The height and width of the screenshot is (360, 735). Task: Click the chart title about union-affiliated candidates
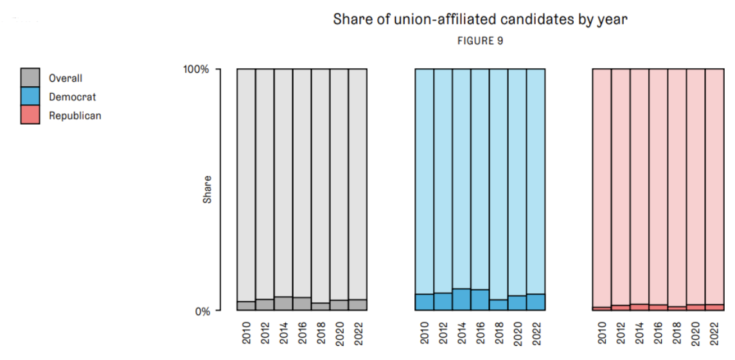(480, 19)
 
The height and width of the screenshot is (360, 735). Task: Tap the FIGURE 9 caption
(480, 40)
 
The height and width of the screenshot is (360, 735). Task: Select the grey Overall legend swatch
(30, 78)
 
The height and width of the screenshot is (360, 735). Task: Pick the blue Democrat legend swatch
(30, 96)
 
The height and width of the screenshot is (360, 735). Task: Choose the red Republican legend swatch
(30, 115)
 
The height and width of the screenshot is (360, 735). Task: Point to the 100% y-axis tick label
(197, 69)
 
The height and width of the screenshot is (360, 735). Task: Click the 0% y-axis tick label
(202, 311)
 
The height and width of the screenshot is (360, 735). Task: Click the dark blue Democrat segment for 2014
(461, 300)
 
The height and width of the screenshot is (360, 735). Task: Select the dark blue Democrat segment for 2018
(499, 305)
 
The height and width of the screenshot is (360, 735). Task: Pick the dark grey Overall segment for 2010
(247, 306)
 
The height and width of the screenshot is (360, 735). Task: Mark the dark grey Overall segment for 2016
(303, 303)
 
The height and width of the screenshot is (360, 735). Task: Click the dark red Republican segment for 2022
(715, 307)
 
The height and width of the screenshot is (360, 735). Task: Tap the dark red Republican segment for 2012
(621, 307)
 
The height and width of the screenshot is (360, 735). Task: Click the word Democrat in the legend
(72, 97)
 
